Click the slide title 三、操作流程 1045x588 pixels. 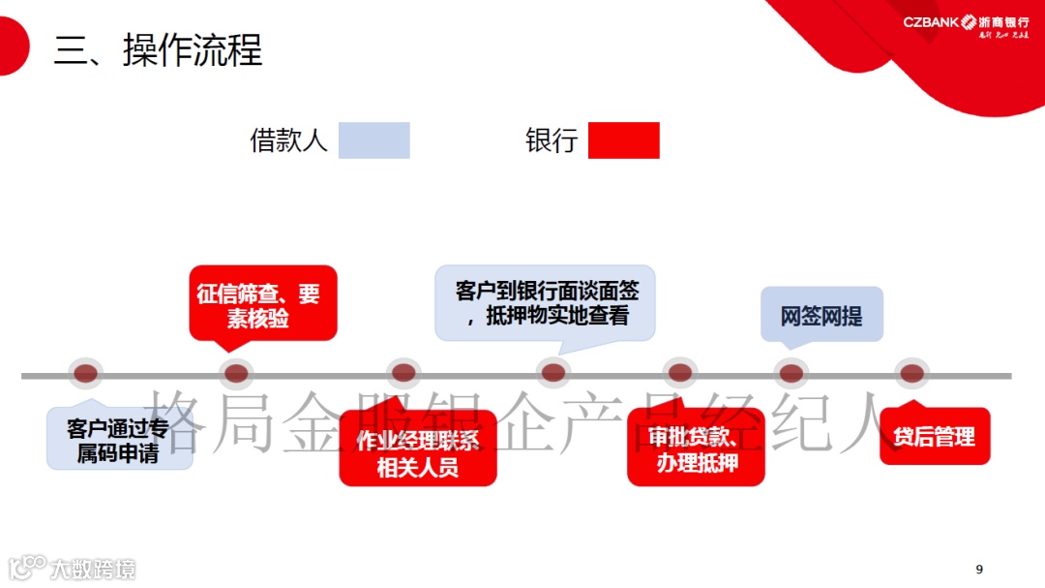[x=158, y=50]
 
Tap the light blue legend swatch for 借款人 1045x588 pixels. [x=373, y=140]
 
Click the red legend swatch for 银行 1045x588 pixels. [x=623, y=140]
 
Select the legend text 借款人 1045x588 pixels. [x=288, y=140]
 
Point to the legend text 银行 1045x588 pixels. [x=552, y=140]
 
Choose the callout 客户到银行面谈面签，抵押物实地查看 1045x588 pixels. [x=546, y=303]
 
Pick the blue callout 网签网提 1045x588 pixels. [x=821, y=316]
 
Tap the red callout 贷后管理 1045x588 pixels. [x=934, y=437]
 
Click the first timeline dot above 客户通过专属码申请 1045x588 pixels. [x=86, y=373]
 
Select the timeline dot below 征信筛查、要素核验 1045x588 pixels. [x=235, y=373]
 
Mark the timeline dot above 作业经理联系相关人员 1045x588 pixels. [x=403, y=373]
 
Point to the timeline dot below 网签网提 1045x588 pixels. [x=791, y=373]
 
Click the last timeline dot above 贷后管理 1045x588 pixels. [x=911, y=373]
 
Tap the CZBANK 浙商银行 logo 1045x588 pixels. [x=966, y=24]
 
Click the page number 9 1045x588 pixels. [x=979, y=569]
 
